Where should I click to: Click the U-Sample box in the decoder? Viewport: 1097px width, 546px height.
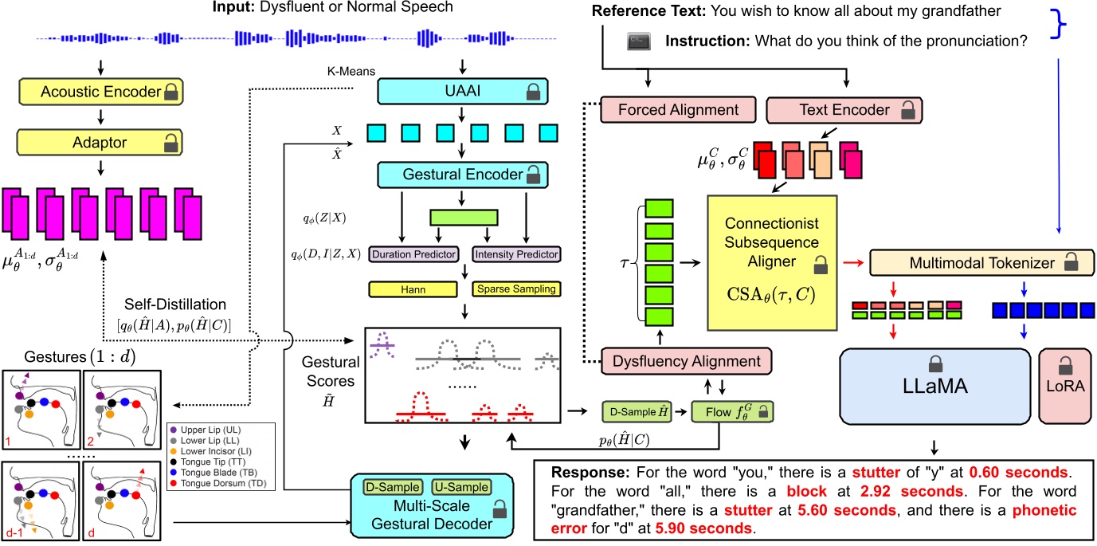click(461, 486)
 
